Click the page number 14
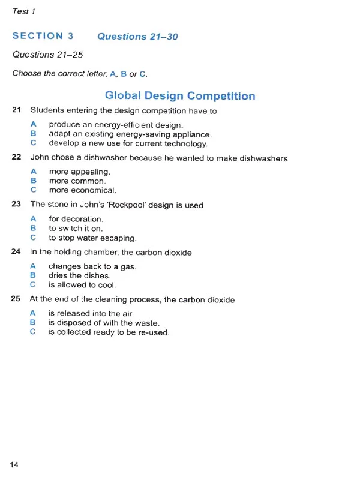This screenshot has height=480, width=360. click(x=14, y=464)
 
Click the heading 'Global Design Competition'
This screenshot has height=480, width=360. click(x=180, y=96)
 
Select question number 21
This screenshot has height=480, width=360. click(x=16, y=110)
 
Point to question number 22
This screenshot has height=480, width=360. click(x=16, y=158)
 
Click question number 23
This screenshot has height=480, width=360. click(x=16, y=205)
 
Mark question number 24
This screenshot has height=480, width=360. click(x=16, y=253)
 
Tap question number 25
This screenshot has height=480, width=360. click(x=16, y=299)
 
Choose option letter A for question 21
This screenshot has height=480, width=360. click(x=34, y=125)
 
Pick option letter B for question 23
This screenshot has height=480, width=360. click(x=34, y=229)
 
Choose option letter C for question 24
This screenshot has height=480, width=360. click(x=34, y=285)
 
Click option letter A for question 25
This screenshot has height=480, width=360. click(x=34, y=313)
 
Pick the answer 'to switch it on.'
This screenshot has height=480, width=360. click(x=76, y=229)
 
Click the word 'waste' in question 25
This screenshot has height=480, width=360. click(x=146, y=323)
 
